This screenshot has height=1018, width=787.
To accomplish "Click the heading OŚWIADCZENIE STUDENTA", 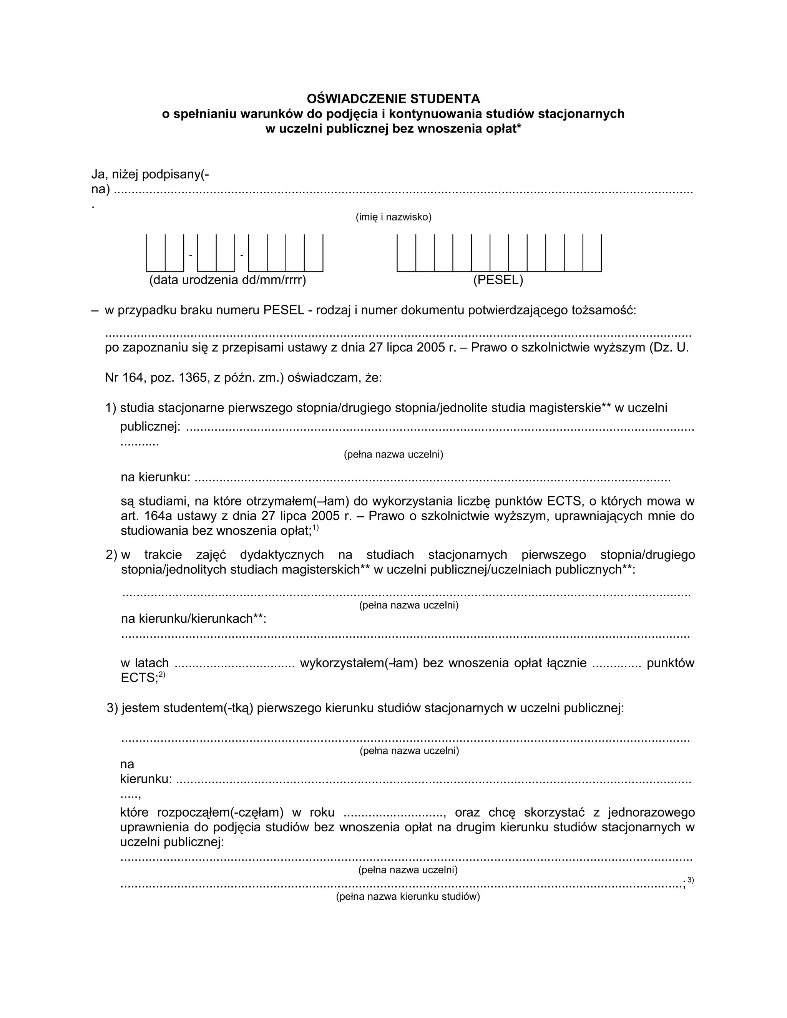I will [393, 99].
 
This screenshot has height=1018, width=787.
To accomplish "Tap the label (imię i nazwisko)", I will [393, 217].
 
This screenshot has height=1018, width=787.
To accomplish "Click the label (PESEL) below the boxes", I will [498, 280].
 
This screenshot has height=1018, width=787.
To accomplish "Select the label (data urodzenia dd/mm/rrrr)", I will [227, 280].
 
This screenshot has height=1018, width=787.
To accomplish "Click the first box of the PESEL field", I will [406, 253].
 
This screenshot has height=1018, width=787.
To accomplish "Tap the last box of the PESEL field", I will [592, 253].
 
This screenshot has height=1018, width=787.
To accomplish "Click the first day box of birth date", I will [156, 253].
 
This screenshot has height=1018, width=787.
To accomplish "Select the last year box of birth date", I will [313, 253].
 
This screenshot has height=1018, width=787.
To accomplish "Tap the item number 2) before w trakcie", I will [111, 555].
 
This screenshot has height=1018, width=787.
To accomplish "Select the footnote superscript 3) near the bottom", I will [691, 880].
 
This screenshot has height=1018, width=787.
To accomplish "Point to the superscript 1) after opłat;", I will [315, 528].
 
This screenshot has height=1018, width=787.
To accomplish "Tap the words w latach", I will [144, 663].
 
